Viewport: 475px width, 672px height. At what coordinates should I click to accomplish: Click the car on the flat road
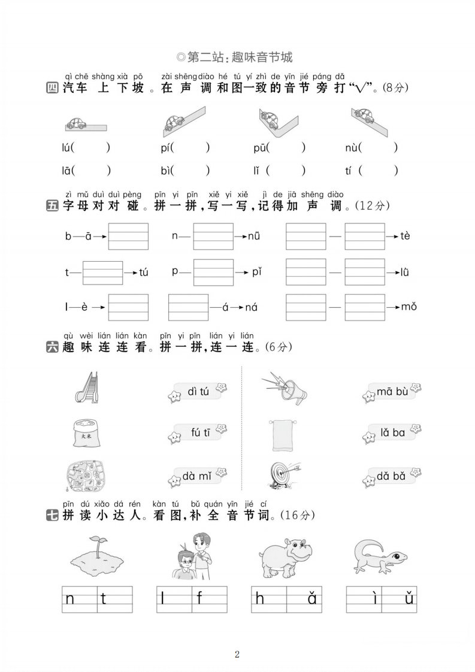76,123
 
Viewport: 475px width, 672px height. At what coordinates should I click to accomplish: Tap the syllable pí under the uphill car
166,149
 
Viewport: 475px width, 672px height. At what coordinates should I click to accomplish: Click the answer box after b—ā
128,236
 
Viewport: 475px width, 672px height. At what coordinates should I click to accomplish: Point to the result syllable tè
405,236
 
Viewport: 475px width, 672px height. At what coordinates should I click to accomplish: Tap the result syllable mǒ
409,307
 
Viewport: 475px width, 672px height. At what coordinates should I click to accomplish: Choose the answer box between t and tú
102,273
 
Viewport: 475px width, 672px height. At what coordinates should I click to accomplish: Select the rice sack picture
87,433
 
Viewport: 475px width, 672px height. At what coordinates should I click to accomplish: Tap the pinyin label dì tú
198,391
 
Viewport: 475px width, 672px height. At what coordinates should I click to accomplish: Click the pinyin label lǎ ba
392,432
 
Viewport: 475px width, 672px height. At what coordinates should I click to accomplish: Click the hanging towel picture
283,435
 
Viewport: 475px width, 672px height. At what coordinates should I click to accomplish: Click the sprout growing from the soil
99,546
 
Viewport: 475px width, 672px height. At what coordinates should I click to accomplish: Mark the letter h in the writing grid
260,598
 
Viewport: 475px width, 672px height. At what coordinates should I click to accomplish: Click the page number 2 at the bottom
237,654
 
